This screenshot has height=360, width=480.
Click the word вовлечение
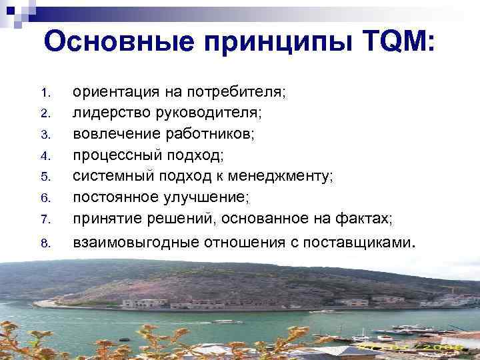(109, 134)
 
